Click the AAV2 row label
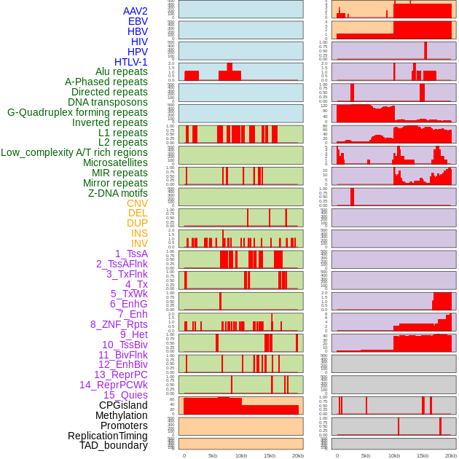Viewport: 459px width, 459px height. point(136,11)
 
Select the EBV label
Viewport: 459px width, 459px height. point(138,21)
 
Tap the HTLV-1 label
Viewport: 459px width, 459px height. point(131,62)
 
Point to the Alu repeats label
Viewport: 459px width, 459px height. point(122,71)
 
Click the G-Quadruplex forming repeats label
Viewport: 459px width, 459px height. point(77,112)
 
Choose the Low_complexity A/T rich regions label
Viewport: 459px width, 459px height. point(74,152)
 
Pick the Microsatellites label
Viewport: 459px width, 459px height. point(115,162)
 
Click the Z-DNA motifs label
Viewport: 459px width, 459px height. point(118,193)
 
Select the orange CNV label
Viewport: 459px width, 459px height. point(137,203)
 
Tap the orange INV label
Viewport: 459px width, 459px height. point(139,243)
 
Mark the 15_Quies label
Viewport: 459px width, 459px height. point(125,395)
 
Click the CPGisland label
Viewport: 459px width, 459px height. point(123,405)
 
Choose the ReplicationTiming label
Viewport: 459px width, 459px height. point(108,436)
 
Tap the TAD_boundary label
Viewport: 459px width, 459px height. point(114,445)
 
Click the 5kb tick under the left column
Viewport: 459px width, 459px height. point(213,455)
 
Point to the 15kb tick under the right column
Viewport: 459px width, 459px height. point(422,455)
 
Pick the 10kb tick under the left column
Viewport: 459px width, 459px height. point(241,455)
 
